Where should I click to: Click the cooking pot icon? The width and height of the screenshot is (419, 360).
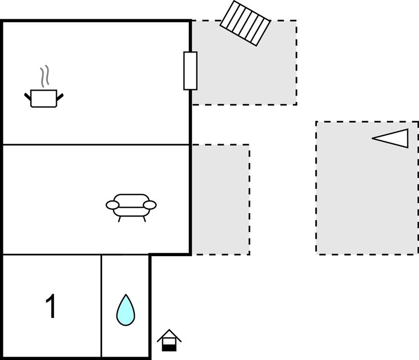pyautogui.click(x=44, y=98)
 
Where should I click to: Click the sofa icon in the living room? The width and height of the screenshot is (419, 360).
pyautogui.click(x=131, y=205)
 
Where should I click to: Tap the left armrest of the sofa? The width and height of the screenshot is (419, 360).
pyautogui.click(x=113, y=205)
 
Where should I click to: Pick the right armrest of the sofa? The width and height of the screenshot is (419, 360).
pyautogui.click(x=150, y=205)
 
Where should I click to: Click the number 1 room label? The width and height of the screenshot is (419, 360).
pyautogui.click(x=51, y=306)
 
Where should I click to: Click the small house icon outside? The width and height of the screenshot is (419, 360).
pyautogui.click(x=169, y=340)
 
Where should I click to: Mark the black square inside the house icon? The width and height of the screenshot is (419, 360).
pyautogui.click(x=169, y=346)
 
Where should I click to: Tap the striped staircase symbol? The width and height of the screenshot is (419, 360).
pyautogui.click(x=245, y=23)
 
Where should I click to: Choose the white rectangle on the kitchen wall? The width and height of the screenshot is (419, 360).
pyautogui.click(x=190, y=71)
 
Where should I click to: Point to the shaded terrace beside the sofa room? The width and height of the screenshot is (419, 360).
pyautogui.click(x=220, y=199)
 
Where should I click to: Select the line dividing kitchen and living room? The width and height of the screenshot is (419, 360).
pyautogui.click(x=96, y=145)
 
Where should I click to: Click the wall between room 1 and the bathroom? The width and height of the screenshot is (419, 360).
pyautogui.click(x=102, y=306)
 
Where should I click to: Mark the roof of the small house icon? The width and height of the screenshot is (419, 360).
pyautogui.click(x=169, y=333)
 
